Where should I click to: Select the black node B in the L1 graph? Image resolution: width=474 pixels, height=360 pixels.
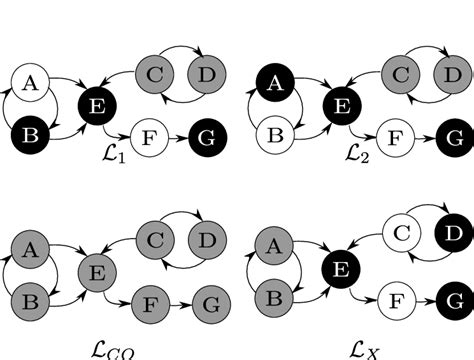(31, 132)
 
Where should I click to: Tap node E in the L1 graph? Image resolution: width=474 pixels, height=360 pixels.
(96, 103)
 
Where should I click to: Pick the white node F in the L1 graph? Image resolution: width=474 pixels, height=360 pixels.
(149, 137)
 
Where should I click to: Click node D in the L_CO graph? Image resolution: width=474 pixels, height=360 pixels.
(206, 239)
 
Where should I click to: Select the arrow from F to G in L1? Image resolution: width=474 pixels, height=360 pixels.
(177, 137)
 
